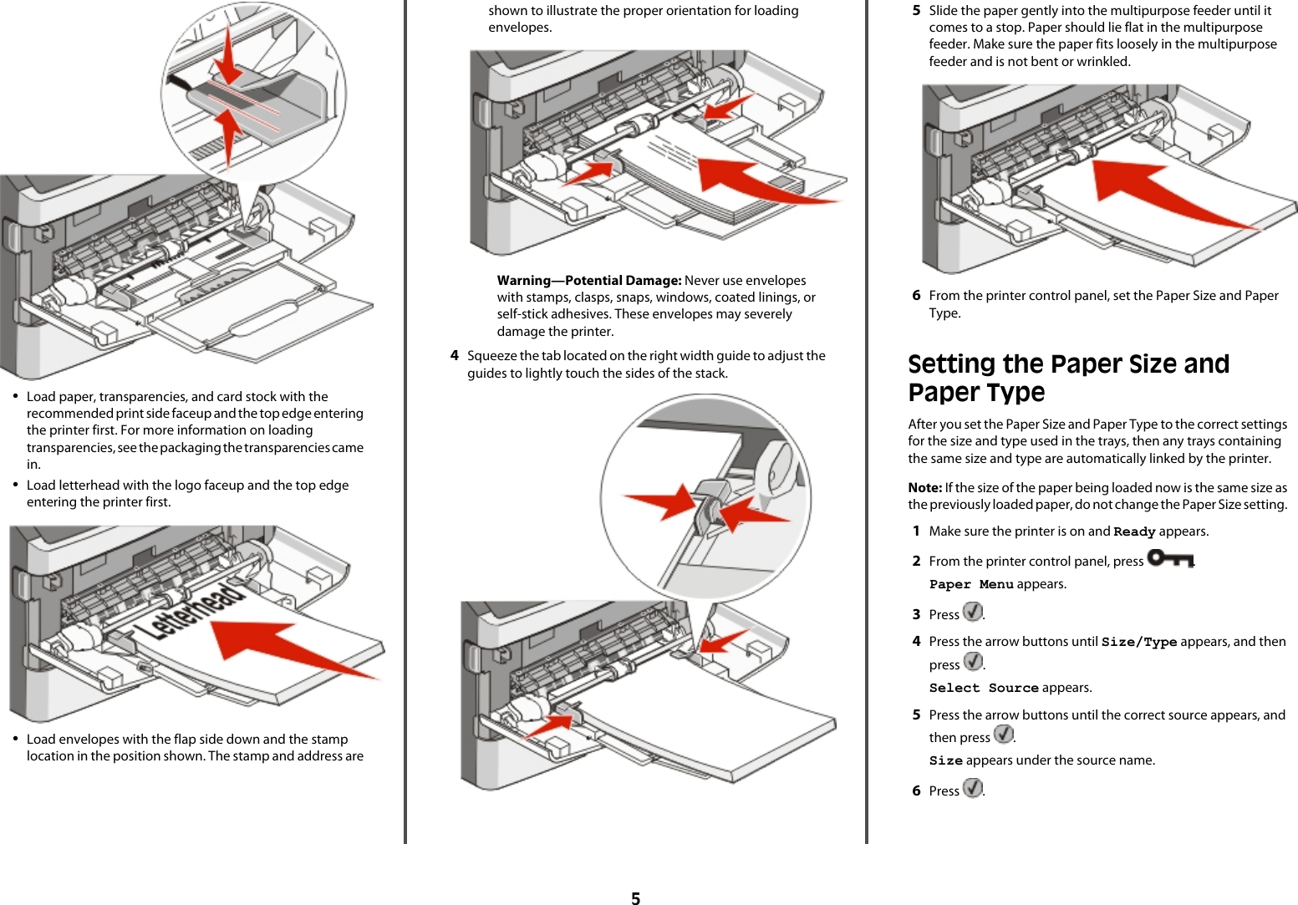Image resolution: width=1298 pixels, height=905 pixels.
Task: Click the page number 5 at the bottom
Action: (x=635, y=898)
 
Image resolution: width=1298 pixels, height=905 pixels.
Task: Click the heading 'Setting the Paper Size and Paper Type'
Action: (x=1067, y=378)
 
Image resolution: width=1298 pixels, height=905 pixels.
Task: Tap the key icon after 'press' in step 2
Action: (x=1170, y=558)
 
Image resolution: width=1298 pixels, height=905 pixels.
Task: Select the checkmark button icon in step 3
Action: (x=972, y=612)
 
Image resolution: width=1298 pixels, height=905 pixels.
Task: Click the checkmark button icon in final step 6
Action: (x=972, y=788)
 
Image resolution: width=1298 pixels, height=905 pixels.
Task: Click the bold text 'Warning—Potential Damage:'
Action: (x=588, y=281)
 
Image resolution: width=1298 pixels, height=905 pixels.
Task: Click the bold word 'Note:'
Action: (x=924, y=488)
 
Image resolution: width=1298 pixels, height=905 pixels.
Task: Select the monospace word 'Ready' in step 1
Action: (x=1133, y=532)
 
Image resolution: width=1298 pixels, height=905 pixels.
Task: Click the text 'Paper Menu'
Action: (x=970, y=585)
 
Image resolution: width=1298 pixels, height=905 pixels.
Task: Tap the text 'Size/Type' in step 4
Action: (x=1138, y=643)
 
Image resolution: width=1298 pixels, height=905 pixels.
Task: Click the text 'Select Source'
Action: (x=983, y=689)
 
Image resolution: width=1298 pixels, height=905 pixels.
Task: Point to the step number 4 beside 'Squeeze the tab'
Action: (x=454, y=356)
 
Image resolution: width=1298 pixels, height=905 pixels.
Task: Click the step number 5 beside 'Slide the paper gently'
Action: (x=916, y=11)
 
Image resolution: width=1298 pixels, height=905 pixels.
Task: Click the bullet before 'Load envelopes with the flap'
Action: (x=15, y=740)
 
